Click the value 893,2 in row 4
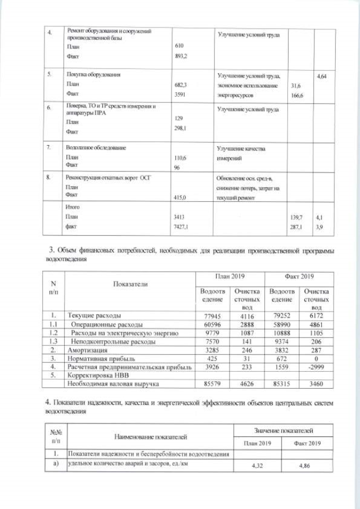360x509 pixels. point(184,56)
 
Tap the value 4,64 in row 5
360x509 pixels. point(322,75)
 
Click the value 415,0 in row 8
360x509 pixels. point(184,197)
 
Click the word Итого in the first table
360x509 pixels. point(74,207)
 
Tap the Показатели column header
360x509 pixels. point(130,284)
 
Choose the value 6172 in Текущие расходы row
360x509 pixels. point(315,316)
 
